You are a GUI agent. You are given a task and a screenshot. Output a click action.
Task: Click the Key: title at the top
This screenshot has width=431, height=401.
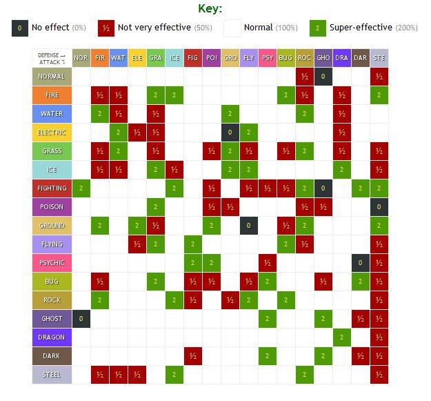pos(210,9)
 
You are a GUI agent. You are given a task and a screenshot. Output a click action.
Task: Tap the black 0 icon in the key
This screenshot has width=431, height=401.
pos(20,28)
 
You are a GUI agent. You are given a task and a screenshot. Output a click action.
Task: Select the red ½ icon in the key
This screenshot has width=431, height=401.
pos(106,28)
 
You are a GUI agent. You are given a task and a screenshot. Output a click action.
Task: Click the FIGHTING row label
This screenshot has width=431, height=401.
pos(52,188)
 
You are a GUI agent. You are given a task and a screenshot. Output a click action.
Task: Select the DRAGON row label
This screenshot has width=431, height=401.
pos(52,338)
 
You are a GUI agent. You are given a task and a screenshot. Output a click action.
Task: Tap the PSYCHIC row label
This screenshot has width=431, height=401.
pos(52,263)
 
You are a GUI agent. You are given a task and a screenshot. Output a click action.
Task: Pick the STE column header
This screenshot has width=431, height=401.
pos(379,58)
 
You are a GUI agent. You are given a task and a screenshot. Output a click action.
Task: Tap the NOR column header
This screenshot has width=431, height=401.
pos(81,58)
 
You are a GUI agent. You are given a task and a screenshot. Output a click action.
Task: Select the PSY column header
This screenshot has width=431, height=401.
pos(268,58)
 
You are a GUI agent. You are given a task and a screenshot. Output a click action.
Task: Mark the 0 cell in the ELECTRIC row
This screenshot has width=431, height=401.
pos(230,133)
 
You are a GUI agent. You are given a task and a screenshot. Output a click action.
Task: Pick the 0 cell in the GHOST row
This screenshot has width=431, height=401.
pos(81,319)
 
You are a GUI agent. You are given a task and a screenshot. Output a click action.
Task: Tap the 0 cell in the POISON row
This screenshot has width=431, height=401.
pos(379,207)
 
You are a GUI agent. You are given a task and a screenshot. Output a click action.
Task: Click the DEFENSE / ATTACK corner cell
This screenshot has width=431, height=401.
pos(52,58)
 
